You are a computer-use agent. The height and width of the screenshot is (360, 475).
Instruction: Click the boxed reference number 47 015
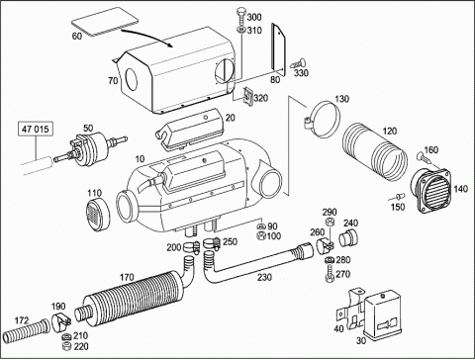pos(35,129)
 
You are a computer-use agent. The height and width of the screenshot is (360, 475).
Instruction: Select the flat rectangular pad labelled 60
pos(105,21)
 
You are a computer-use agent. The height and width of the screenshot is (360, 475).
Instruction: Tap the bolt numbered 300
pos(240,16)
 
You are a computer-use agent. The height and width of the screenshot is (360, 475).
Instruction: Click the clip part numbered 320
pos(248,97)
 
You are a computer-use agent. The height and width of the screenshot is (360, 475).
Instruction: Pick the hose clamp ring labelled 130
pos(324,121)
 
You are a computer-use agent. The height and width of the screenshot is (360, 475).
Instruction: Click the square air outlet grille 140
pos(430,191)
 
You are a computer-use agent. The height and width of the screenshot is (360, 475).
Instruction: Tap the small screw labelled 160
pos(424,157)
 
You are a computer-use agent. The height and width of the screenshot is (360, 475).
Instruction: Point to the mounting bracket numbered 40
pos(351,309)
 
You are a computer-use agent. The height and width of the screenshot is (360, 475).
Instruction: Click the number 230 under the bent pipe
pos(264,277)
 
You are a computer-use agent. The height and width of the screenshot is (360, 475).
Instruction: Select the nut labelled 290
pos(330,223)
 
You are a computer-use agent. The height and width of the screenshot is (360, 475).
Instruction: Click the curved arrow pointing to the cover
pos(147,37)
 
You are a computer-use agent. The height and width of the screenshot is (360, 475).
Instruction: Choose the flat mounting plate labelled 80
pos(278,48)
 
